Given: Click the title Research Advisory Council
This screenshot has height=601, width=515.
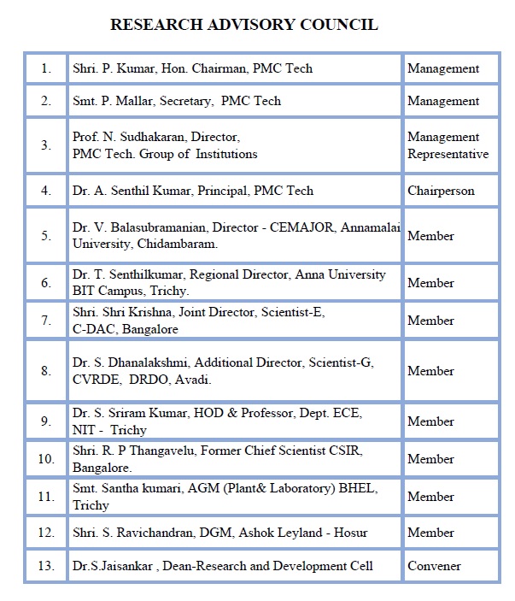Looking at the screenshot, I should (x=244, y=25).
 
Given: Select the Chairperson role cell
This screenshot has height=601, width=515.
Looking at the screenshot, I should (x=441, y=191).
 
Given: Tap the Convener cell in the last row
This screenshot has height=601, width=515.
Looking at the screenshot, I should (x=434, y=566).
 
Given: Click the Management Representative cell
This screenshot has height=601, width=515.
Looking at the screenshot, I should (x=448, y=145).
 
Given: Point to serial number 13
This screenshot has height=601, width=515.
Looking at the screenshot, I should (x=46, y=566).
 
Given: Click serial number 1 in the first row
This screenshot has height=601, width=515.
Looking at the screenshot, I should (x=46, y=68).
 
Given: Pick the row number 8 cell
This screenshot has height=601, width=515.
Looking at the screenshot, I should (x=46, y=371).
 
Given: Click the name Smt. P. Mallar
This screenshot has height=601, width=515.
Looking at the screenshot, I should (x=111, y=101).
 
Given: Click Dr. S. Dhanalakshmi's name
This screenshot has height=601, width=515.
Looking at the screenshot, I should (x=128, y=362).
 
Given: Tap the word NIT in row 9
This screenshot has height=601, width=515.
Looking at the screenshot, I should (x=84, y=430).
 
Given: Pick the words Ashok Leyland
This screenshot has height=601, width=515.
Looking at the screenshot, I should (x=276, y=533).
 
